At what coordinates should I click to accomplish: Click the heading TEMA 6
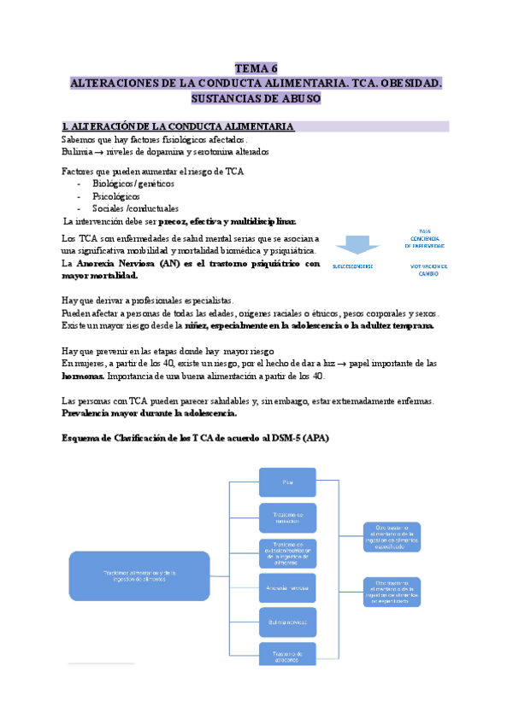[x=256, y=69]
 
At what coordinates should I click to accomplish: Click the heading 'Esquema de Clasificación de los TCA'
[x=195, y=438]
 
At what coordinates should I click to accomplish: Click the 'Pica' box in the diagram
[x=287, y=482]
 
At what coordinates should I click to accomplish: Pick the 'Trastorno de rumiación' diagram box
[x=287, y=517]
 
